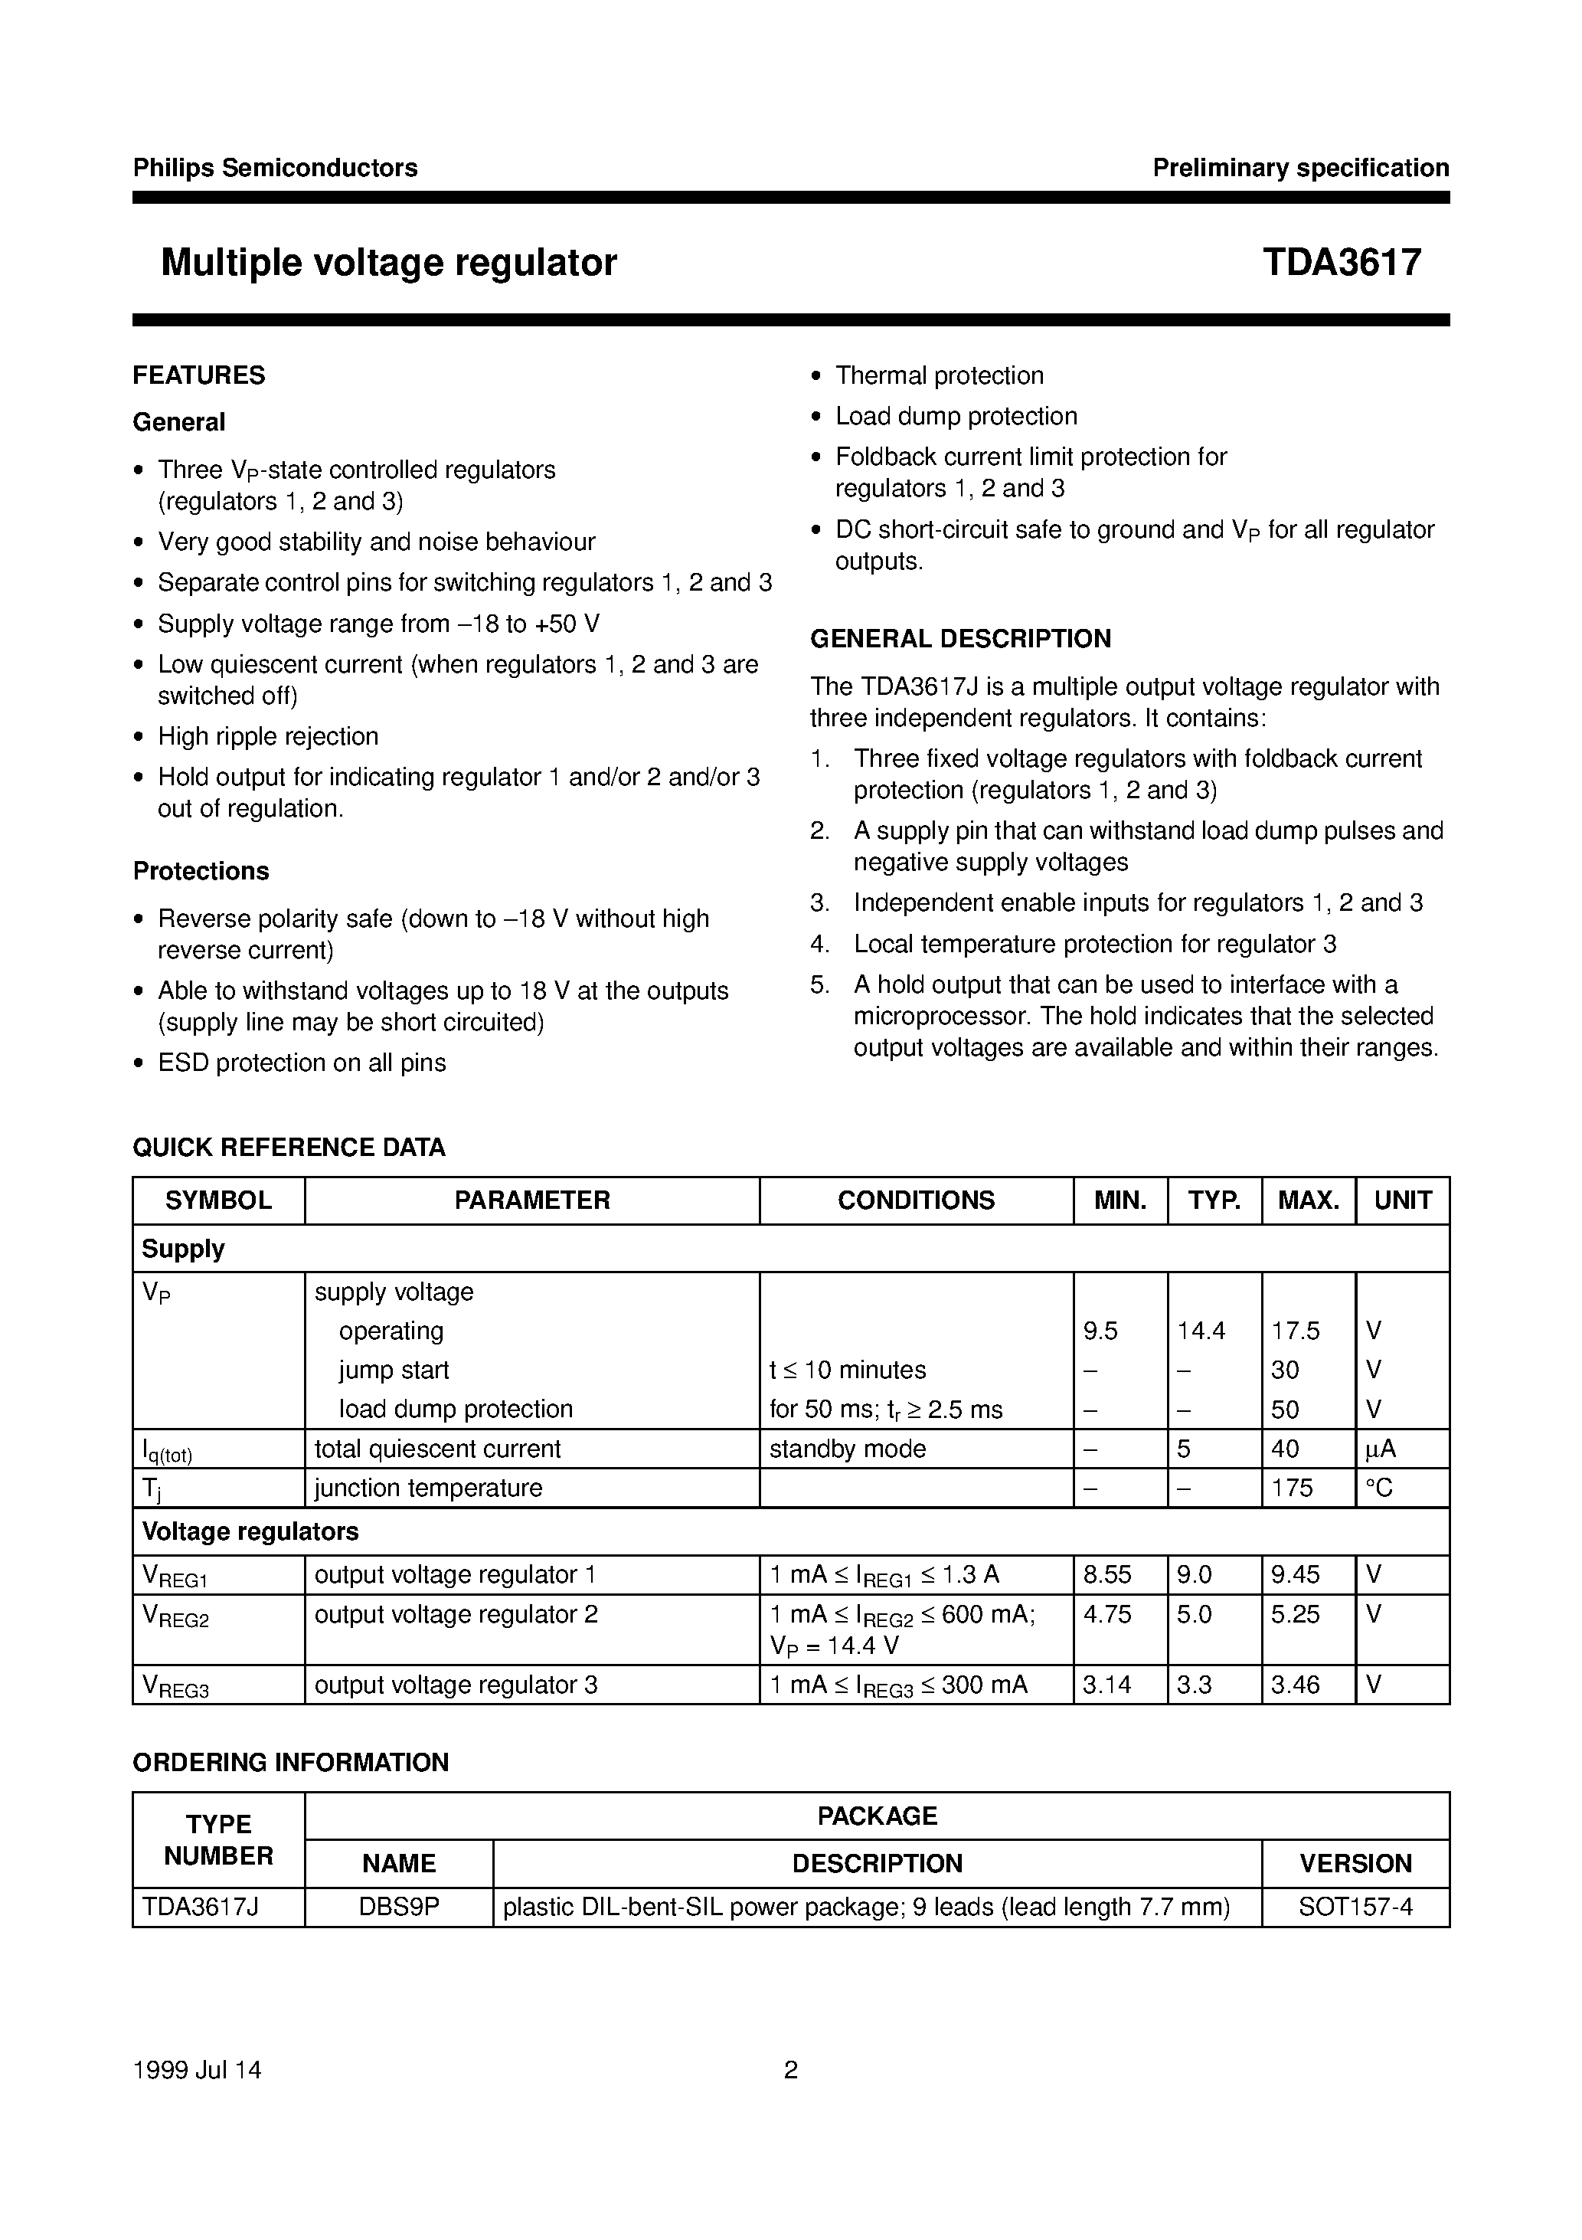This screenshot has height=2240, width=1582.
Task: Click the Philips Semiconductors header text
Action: point(275,168)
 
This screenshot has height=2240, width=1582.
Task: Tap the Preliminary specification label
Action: point(1300,168)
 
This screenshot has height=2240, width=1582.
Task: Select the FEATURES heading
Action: point(199,375)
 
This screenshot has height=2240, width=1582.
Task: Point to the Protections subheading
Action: point(201,871)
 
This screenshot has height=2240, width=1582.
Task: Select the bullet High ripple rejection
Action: point(267,737)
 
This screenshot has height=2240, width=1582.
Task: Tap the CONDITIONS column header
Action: point(916,1200)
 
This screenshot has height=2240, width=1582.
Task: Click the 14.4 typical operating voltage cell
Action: point(1201,1331)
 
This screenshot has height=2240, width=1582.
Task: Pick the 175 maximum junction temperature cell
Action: point(1293,1488)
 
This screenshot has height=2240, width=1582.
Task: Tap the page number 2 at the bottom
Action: point(791,2070)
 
